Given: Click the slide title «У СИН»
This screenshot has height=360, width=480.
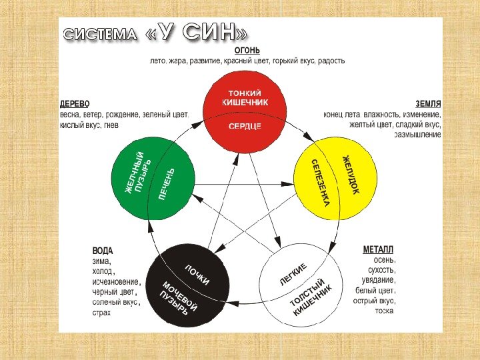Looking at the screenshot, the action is point(198,34).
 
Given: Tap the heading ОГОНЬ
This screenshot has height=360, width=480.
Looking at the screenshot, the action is point(247,51).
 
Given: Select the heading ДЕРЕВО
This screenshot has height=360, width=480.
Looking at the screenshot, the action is point(75,105).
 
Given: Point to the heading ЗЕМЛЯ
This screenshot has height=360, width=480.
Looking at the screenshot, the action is point(428,105).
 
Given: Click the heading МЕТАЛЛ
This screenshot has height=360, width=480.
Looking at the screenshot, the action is point(378,249).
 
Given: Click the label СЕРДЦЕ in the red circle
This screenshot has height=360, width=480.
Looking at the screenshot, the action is point(245,126).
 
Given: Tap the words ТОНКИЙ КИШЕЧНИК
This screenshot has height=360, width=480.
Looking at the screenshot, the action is point(245,98).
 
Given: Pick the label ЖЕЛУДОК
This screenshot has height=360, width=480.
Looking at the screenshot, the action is point(351,175).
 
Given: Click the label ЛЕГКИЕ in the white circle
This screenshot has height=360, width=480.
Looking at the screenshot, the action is point(293,275).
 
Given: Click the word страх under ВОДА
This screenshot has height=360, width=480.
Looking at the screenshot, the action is point(101,312).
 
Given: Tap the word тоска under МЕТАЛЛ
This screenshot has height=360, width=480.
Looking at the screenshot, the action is point(384,311).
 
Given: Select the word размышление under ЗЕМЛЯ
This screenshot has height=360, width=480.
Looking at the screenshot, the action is point(418,135).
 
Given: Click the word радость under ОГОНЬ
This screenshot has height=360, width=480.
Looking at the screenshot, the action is point(330,61).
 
